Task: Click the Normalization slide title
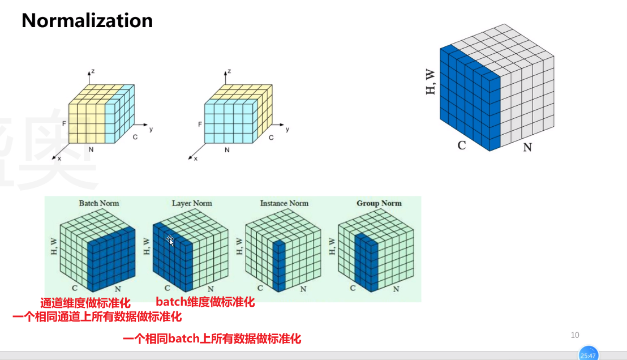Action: [x=87, y=21]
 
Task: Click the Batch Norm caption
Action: [x=99, y=203]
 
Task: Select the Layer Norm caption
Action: [x=192, y=203]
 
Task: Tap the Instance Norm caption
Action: [x=284, y=203]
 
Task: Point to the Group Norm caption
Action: [x=379, y=203]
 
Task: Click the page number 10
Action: [x=575, y=335]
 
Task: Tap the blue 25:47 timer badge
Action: [x=589, y=355]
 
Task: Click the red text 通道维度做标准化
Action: [x=85, y=303]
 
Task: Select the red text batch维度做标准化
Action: [x=205, y=302]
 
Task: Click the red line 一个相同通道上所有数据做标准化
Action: [x=97, y=316]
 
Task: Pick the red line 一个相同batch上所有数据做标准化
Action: [x=212, y=339]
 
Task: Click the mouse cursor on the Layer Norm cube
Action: [x=170, y=241]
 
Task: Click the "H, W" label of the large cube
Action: [x=431, y=81]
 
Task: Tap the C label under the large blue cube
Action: [x=462, y=145]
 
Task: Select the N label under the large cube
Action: [x=527, y=147]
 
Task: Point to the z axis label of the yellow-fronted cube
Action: [x=92, y=71]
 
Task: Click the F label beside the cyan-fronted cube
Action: [x=200, y=124]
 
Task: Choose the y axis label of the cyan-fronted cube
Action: [x=287, y=129]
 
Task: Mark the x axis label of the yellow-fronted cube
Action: [x=59, y=158]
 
